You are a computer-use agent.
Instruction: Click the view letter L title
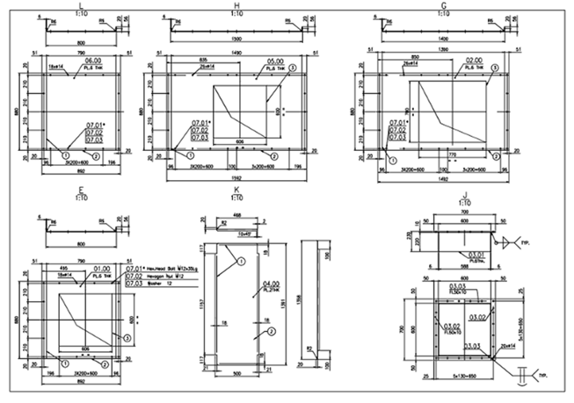pyautogui.click(x=82, y=6)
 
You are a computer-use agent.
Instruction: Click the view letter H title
pyautogui.click(x=236, y=6)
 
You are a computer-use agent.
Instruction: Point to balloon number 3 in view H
pyautogui.click(x=292, y=68)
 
